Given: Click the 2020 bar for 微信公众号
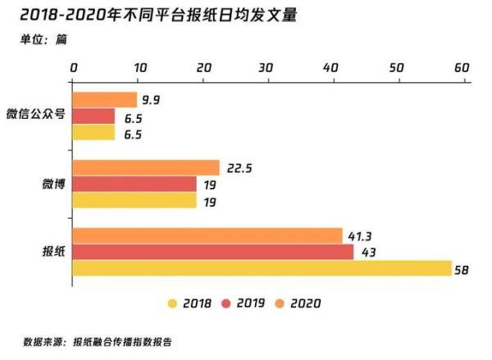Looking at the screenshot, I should pos(105,100).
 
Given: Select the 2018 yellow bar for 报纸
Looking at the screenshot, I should pos(262,268).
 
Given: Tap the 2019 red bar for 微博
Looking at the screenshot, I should pos(134,185).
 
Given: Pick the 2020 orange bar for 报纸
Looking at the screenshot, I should pos(207,236).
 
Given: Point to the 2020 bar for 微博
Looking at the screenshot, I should pos(146,168).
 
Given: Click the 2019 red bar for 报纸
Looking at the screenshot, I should pos(213,252).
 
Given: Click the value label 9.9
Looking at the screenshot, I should pos(150,100).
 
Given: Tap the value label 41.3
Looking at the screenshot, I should pos(358,236).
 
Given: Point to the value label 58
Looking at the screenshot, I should pos(464,268).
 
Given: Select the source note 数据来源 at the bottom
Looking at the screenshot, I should pos(98,342).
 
